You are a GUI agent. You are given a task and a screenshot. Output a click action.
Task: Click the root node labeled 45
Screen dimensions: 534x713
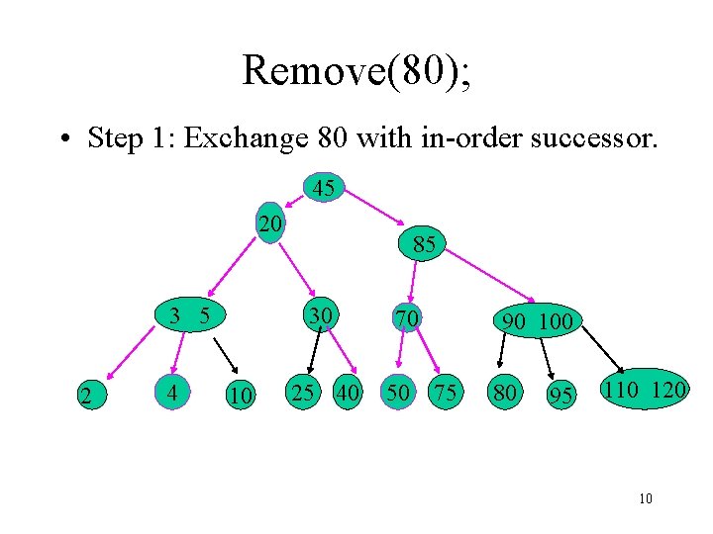pos(323,188)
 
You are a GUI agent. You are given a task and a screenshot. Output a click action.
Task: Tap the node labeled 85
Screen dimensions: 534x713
pos(424,244)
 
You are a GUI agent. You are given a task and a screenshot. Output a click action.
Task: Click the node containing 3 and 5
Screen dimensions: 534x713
pos(189,317)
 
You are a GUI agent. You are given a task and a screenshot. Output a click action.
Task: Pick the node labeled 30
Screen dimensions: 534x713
pos(319,316)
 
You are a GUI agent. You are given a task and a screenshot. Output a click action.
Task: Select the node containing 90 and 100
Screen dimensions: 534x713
pos(538,321)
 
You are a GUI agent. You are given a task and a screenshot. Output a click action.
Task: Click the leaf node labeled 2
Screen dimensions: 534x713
pos(88,397)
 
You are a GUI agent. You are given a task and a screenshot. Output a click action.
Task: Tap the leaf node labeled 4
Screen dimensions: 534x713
pos(174,394)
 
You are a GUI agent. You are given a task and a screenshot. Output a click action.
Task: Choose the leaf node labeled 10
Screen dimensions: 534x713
pos(239,397)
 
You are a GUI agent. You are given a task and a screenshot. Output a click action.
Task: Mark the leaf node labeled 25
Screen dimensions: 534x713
pos(303,393)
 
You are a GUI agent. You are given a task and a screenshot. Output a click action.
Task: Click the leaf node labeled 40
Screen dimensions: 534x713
pos(348,393)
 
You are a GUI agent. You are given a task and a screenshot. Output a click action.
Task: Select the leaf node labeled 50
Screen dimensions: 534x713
pos(399,393)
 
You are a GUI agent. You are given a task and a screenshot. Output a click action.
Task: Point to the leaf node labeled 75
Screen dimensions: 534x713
pos(445,393)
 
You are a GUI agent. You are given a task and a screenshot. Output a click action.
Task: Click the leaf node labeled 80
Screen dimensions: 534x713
pos(505,394)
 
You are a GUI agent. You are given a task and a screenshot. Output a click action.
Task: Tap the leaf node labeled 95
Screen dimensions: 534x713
pos(561,397)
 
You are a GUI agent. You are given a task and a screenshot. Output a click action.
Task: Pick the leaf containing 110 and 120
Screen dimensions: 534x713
pos(644,390)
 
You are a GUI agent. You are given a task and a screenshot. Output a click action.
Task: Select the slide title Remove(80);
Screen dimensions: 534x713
pos(356,71)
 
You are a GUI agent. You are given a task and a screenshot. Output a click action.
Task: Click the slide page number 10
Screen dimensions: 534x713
pos(646,499)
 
